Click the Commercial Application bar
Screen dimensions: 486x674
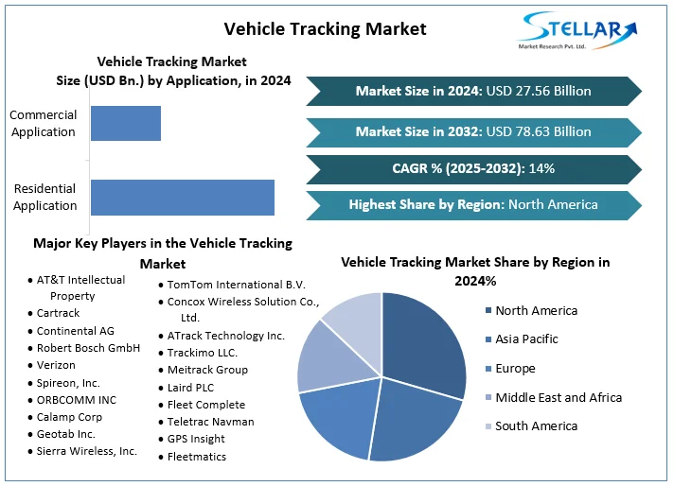pos(126,123)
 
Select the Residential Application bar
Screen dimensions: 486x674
pos(183,197)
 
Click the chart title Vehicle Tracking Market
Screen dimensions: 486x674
pos(325,28)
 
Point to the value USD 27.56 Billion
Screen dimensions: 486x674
pos(538,91)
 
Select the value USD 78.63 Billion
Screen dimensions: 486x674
pos(538,131)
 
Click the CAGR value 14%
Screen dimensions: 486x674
pos(541,168)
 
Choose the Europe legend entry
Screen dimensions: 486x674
pos(514,368)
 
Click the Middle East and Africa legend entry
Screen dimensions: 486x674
pos(558,397)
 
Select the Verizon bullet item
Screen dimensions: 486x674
pos(57,365)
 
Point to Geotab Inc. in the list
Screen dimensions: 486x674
pos(66,434)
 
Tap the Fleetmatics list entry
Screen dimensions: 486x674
pos(197,457)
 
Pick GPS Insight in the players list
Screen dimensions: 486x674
pos(196,439)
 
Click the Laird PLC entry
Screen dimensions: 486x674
pos(192,388)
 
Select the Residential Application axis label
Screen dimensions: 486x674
pos(44,197)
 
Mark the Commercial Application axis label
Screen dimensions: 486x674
pos(43,123)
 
